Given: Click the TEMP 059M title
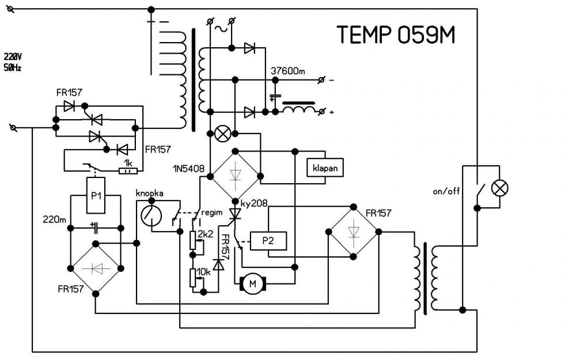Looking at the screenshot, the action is [396, 35].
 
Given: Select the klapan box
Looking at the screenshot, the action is [325, 168].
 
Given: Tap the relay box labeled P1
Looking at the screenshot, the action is [96, 195].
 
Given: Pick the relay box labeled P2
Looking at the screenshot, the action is [268, 241].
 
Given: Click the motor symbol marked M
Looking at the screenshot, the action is [253, 283].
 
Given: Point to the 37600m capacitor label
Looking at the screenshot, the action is [288, 71].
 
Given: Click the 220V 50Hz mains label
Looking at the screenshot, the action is [13, 62].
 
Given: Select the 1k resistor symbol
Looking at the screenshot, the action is [128, 171].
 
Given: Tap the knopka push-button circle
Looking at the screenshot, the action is [151, 215].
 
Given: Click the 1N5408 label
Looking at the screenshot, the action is [188, 169].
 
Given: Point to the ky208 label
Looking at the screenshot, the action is [254, 203].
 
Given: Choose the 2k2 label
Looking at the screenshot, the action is [206, 234].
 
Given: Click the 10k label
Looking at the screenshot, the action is [203, 272].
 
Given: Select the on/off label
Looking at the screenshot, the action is [446, 191].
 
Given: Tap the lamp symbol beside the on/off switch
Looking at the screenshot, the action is [499, 188].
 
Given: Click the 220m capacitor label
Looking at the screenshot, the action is [54, 219].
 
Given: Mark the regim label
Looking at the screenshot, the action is [212, 213].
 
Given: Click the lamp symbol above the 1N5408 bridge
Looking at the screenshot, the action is [222, 134].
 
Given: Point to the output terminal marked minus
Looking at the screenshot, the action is [321, 79].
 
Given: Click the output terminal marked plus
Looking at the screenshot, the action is [321, 111].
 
